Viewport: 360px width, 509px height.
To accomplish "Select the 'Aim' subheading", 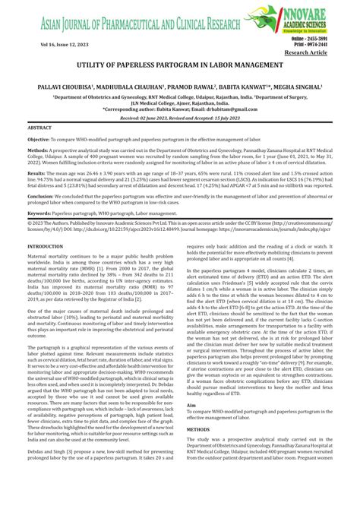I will coord(190,427).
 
